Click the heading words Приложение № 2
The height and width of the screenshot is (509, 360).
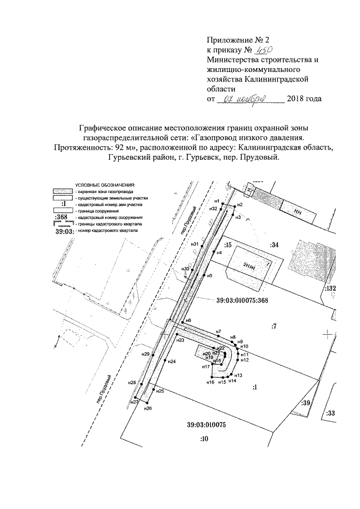tap(238, 39)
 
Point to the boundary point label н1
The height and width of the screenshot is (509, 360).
tap(217, 201)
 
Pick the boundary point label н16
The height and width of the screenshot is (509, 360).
tap(210, 382)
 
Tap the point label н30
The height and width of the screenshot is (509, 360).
tap(185, 269)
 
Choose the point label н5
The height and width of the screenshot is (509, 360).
tap(209, 276)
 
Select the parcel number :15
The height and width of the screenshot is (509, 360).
tap(228, 245)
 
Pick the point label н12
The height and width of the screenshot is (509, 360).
tap(244, 360)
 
